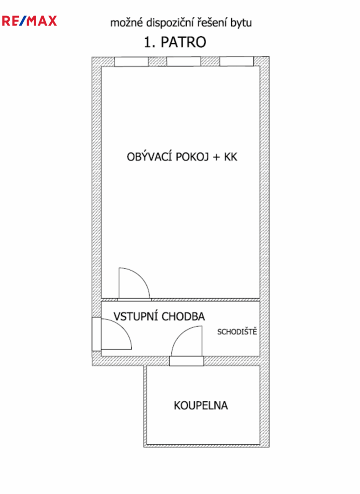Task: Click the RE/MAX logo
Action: (29, 21)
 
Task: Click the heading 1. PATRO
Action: (175, 42)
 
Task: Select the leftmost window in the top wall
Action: (131, 62)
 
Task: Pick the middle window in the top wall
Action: (183, 62)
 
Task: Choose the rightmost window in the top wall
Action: (236, 62)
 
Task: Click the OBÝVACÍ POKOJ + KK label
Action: (182, 157)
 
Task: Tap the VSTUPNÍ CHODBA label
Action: (159, 316)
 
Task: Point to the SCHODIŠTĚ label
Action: (237, 331)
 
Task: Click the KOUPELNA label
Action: (201, 405)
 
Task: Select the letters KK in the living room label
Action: (231, 157)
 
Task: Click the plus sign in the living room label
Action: (217, 157)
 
